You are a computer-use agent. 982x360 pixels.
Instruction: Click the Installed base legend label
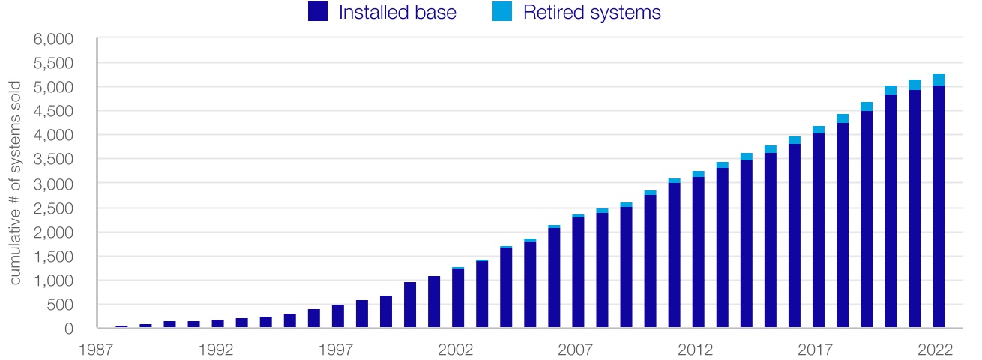[397, 12]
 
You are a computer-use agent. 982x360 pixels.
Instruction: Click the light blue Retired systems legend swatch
[503, 11]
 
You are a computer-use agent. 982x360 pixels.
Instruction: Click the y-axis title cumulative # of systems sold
[15, 184]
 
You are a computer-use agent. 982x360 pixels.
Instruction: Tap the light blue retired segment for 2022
[938, 79]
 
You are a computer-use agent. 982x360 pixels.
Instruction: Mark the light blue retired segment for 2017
[818, 130]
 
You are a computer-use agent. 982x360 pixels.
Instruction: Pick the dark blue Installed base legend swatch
[318, 11]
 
